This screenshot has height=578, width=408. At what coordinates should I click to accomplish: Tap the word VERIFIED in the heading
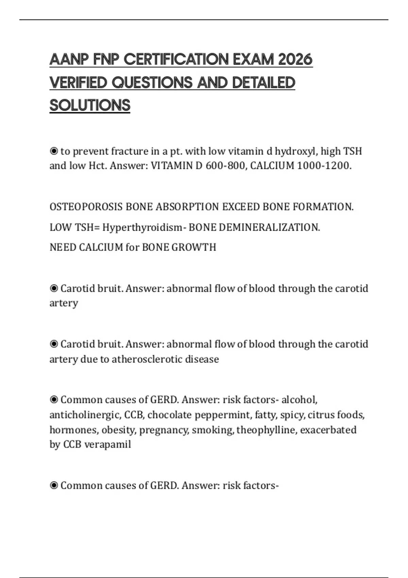[x=78, y=83]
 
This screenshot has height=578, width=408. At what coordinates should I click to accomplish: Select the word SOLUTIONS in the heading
[x=90, y=105]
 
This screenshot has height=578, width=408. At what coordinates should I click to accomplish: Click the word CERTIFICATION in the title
[x=176, y=60]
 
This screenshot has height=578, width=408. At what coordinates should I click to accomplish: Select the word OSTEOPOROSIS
[x=86, y=207]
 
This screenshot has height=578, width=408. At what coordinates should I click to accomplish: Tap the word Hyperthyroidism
[x=142, y=227]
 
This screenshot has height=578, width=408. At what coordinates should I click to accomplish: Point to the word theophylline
[x=267, y=430]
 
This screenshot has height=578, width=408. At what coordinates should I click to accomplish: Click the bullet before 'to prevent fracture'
[x=54, y=151]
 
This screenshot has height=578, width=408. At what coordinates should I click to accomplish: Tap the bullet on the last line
[x=54, y=486]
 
